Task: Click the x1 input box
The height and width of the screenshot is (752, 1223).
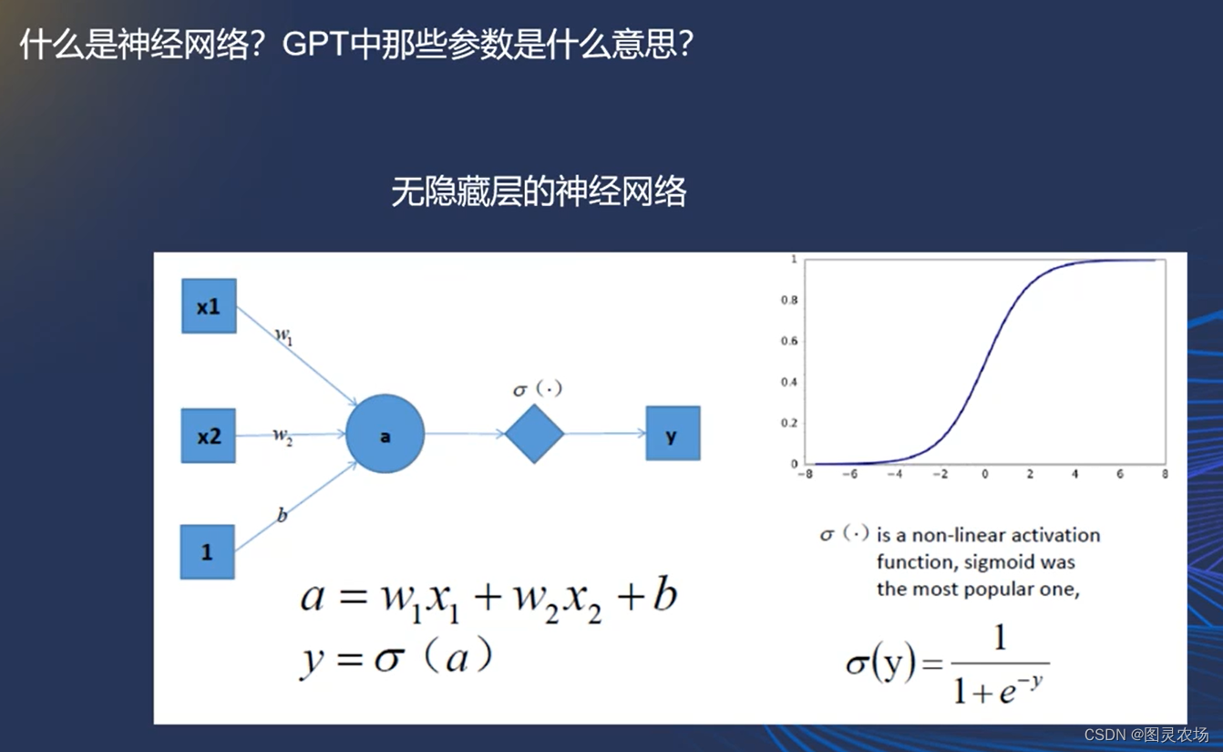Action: pyautogui.click(x=209, y=306)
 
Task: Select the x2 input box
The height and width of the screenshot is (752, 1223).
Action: pyautogui.click(x=209, y=436)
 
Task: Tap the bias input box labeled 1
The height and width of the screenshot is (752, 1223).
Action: pyautogui.click(x=208, y=551)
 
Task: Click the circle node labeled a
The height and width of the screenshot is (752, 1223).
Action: pyautogui.click(x=385, y=434)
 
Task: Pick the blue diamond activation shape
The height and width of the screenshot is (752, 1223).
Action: pyautogui.click(x=535, y=434)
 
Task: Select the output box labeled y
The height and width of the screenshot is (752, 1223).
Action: pyautogui.click(x=673, y=433)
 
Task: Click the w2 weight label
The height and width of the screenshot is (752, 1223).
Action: pyautogui.click(x=283, y=437)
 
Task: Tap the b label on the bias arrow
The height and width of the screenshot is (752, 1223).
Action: pyautogui.click(x=282, y=514)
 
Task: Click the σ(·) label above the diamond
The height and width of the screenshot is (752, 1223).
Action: pyautogui.click(x=538, y=389)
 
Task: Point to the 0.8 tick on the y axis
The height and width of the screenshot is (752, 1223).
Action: pyautogui.click(x=789, y=300)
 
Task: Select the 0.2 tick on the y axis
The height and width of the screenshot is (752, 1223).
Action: pyautogui.click(x=789, y=423)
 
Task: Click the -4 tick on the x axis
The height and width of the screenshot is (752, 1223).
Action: pyautogui.click(x=895, y=474)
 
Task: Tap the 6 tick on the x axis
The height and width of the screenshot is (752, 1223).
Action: pyautogui.click(x=1120, y=474)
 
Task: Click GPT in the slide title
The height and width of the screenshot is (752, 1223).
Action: pyautogui.click(x=315, y=44)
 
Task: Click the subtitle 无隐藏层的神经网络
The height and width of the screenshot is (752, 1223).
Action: pyautogui.click(x=539, y=191)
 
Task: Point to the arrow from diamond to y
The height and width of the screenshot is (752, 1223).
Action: pyautogui.click(x=605, y=434)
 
